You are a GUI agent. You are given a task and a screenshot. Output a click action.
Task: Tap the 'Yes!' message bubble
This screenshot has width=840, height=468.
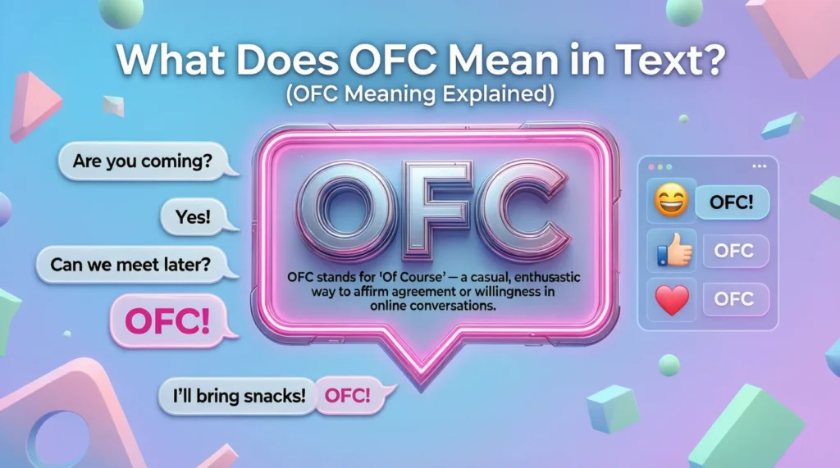[193, 216]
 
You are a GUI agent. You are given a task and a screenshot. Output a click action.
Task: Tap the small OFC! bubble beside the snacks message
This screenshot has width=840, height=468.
[348, 395]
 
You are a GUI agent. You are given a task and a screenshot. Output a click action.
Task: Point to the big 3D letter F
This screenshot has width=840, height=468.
[432, 211]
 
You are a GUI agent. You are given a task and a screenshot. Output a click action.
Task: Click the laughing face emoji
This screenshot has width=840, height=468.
[669, 201]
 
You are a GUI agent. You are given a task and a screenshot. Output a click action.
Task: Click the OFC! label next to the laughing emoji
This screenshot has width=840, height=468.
[732, 202]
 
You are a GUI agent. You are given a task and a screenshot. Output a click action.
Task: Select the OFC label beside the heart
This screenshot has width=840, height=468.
[733, 299]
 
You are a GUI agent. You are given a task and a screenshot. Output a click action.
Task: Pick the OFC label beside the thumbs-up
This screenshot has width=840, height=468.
[733, 251]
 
